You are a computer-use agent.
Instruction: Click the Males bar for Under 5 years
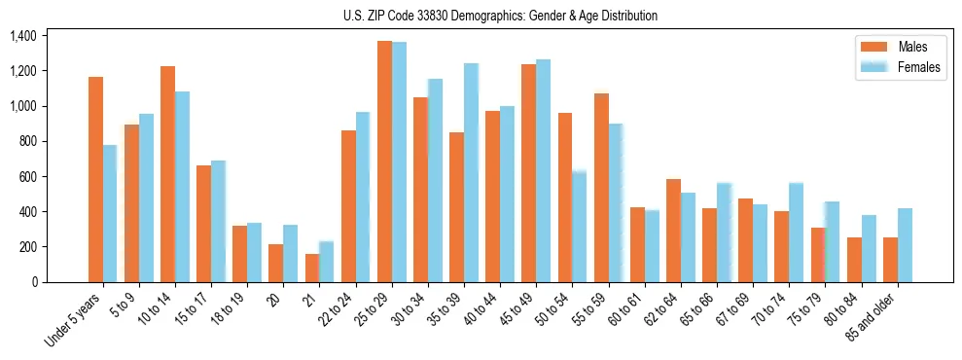[95, 179]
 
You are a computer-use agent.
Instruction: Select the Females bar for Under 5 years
[110, 213]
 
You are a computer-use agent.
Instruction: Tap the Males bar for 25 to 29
[384, 162]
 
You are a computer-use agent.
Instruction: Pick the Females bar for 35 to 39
[471, 172]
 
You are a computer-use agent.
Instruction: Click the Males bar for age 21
[312, 268]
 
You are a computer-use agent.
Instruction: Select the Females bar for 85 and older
[905, 245]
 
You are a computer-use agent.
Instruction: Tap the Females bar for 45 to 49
[543, 170]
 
